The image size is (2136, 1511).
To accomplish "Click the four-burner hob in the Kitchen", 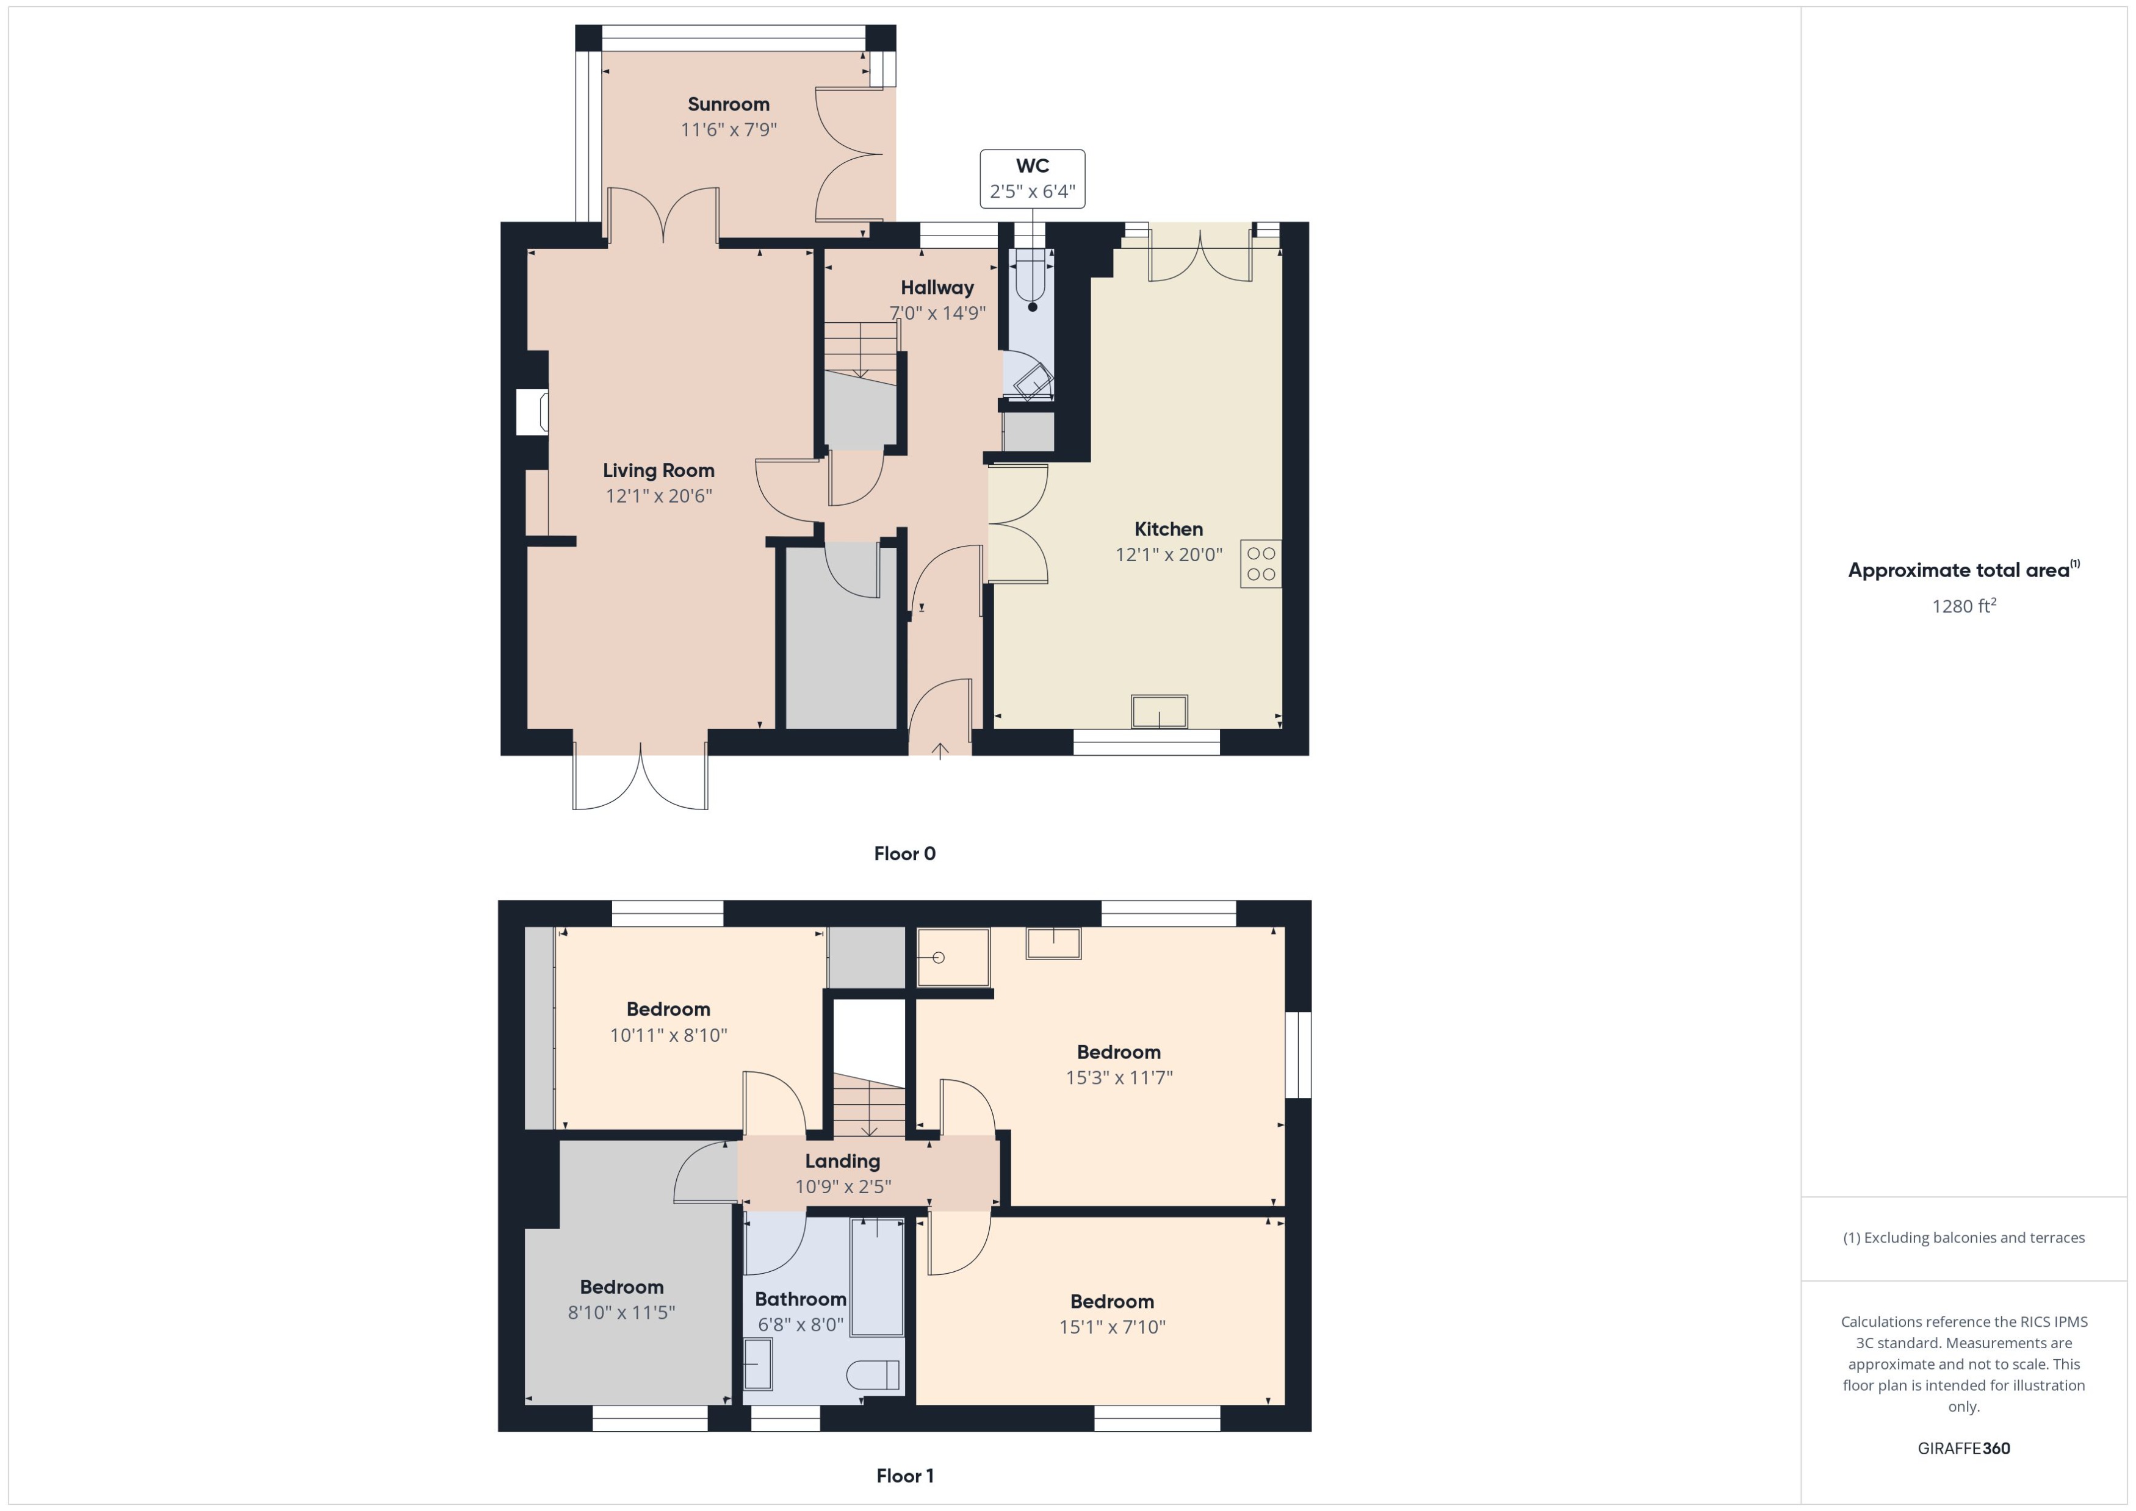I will point(1260,564).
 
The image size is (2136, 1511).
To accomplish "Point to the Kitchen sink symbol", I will point(1159,712).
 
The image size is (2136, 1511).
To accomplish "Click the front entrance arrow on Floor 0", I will point(940,750).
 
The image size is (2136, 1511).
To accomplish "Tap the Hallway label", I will point(936,287).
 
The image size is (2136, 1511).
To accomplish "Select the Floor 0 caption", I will point(904,853).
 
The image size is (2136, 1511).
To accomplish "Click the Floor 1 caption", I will point(904,1476).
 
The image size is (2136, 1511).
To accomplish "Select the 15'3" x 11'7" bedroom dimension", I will point(1119,1077).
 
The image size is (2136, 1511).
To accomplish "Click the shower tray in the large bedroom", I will point(952,957).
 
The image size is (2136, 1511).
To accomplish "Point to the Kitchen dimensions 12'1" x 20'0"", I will point(1168,555).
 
